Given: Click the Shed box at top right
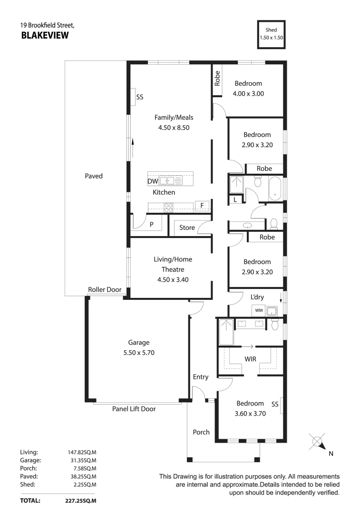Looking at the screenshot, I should click(x=272, y=34).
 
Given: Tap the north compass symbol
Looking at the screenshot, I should click(x=317, y=442).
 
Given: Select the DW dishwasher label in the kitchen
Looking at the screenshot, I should click(x=153, y=181).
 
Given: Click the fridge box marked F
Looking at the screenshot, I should click(x=202, y=206).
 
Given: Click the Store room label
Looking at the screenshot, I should click(x=187, y=228).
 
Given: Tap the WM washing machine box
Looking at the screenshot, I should click(x=259, y=310).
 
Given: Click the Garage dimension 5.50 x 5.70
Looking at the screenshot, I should click(x=138, y=353).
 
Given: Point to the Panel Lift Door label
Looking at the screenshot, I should click(x=134, y=408).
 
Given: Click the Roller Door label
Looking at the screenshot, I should click(x=105, y=290).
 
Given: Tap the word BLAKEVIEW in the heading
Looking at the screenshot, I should click(x=45, y=35).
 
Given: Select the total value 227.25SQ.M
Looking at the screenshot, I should click(x=81, y=501).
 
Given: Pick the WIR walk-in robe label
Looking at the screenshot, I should click(x=251, y=358).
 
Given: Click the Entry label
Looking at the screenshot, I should click(x=200, y=377).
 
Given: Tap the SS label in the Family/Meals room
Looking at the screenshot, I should click(x=140, y=97).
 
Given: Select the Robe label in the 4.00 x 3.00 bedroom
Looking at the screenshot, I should click(x=217, y=78).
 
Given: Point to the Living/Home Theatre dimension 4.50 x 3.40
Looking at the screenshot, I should click(x=173, y=280).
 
